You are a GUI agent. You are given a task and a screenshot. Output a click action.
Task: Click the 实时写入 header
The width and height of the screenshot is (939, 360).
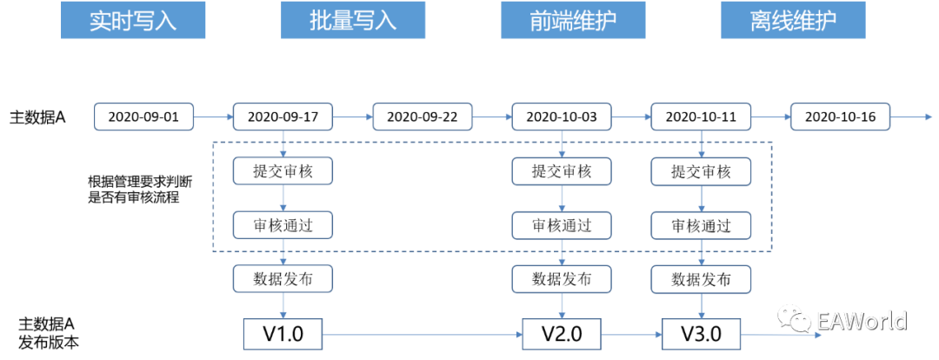coord(133,21)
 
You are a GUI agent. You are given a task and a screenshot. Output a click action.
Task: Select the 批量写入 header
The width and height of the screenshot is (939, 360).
coord(353,21)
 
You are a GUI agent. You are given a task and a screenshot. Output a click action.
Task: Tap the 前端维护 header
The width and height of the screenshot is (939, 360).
coord(573,21)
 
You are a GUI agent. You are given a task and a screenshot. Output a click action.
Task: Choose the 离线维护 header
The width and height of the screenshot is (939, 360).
coord(793,21)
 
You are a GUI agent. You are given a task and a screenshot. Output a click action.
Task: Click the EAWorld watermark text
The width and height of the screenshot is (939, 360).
coord(861,321)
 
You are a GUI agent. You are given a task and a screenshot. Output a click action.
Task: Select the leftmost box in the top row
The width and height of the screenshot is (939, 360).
coord(143,117)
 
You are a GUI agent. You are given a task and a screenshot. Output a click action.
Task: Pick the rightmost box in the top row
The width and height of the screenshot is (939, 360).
coord(840,117)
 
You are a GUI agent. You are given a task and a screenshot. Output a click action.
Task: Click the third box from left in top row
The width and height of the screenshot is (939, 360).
coord(423,117)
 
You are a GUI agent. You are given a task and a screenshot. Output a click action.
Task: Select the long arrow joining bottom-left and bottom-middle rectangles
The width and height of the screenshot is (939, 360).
coord(422,334)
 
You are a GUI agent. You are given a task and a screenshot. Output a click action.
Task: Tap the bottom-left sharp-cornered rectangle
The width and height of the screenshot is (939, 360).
coord(283,334)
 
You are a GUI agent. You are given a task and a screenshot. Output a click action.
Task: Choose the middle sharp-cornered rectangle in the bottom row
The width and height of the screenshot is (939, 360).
coord(561,334)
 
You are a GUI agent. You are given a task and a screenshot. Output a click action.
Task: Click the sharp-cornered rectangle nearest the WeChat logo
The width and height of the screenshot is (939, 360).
coord(701,334)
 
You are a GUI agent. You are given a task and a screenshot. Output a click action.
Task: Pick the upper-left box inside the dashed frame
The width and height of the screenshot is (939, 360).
coord(283,171)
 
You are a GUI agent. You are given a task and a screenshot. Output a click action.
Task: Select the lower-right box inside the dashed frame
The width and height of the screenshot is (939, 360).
coord(701,225)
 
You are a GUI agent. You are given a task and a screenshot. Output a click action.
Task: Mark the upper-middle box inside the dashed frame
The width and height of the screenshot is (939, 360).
coord(561,171)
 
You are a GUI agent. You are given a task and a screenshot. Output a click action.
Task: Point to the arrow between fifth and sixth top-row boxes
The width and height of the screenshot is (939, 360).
coord(770,117)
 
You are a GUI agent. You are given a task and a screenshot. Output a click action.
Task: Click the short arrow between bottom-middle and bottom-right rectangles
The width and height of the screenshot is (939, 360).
coord(631,334)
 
